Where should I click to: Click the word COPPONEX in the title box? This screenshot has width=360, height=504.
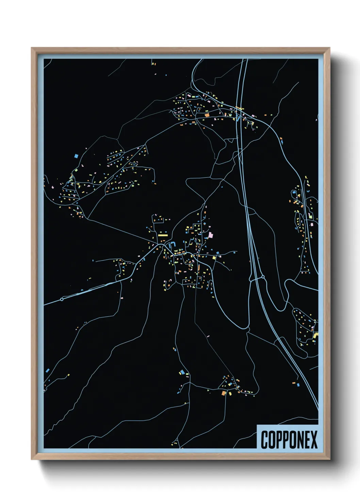coord(289,439)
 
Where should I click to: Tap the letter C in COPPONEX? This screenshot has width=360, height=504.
coord(264,439)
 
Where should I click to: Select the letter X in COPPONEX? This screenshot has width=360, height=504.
coord(314,439)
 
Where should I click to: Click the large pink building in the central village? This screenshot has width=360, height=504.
coord(210,235)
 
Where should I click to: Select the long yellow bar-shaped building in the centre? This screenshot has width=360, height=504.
coord(163,235)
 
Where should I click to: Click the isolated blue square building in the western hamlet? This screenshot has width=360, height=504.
coord(76,156)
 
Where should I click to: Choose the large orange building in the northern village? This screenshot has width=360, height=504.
coord(207,115)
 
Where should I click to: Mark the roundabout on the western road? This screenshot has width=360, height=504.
coord(62,299)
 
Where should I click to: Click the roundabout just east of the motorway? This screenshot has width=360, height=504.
coord(263,277)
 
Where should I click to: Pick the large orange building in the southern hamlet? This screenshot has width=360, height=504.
coord(224,393)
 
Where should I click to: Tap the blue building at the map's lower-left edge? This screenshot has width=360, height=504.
coord(47,370)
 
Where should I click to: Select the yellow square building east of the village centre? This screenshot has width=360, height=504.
coord(214,258)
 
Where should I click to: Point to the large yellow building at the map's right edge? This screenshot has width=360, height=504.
coord(315,336)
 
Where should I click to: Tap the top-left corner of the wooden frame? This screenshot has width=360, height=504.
coord(32,48)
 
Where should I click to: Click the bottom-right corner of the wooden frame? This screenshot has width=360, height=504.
coord(329,460)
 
